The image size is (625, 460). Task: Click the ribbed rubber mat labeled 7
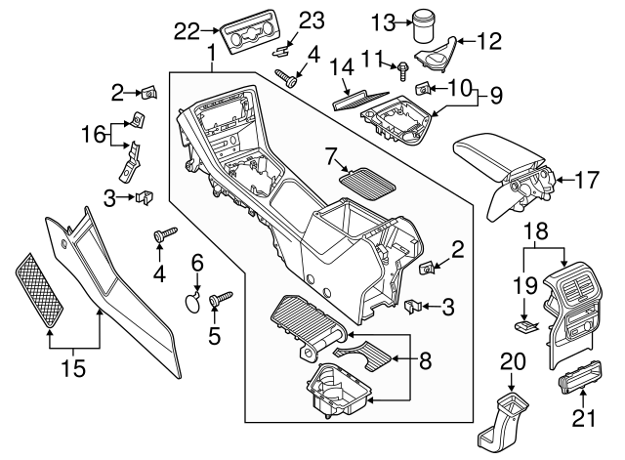(363, 181)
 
